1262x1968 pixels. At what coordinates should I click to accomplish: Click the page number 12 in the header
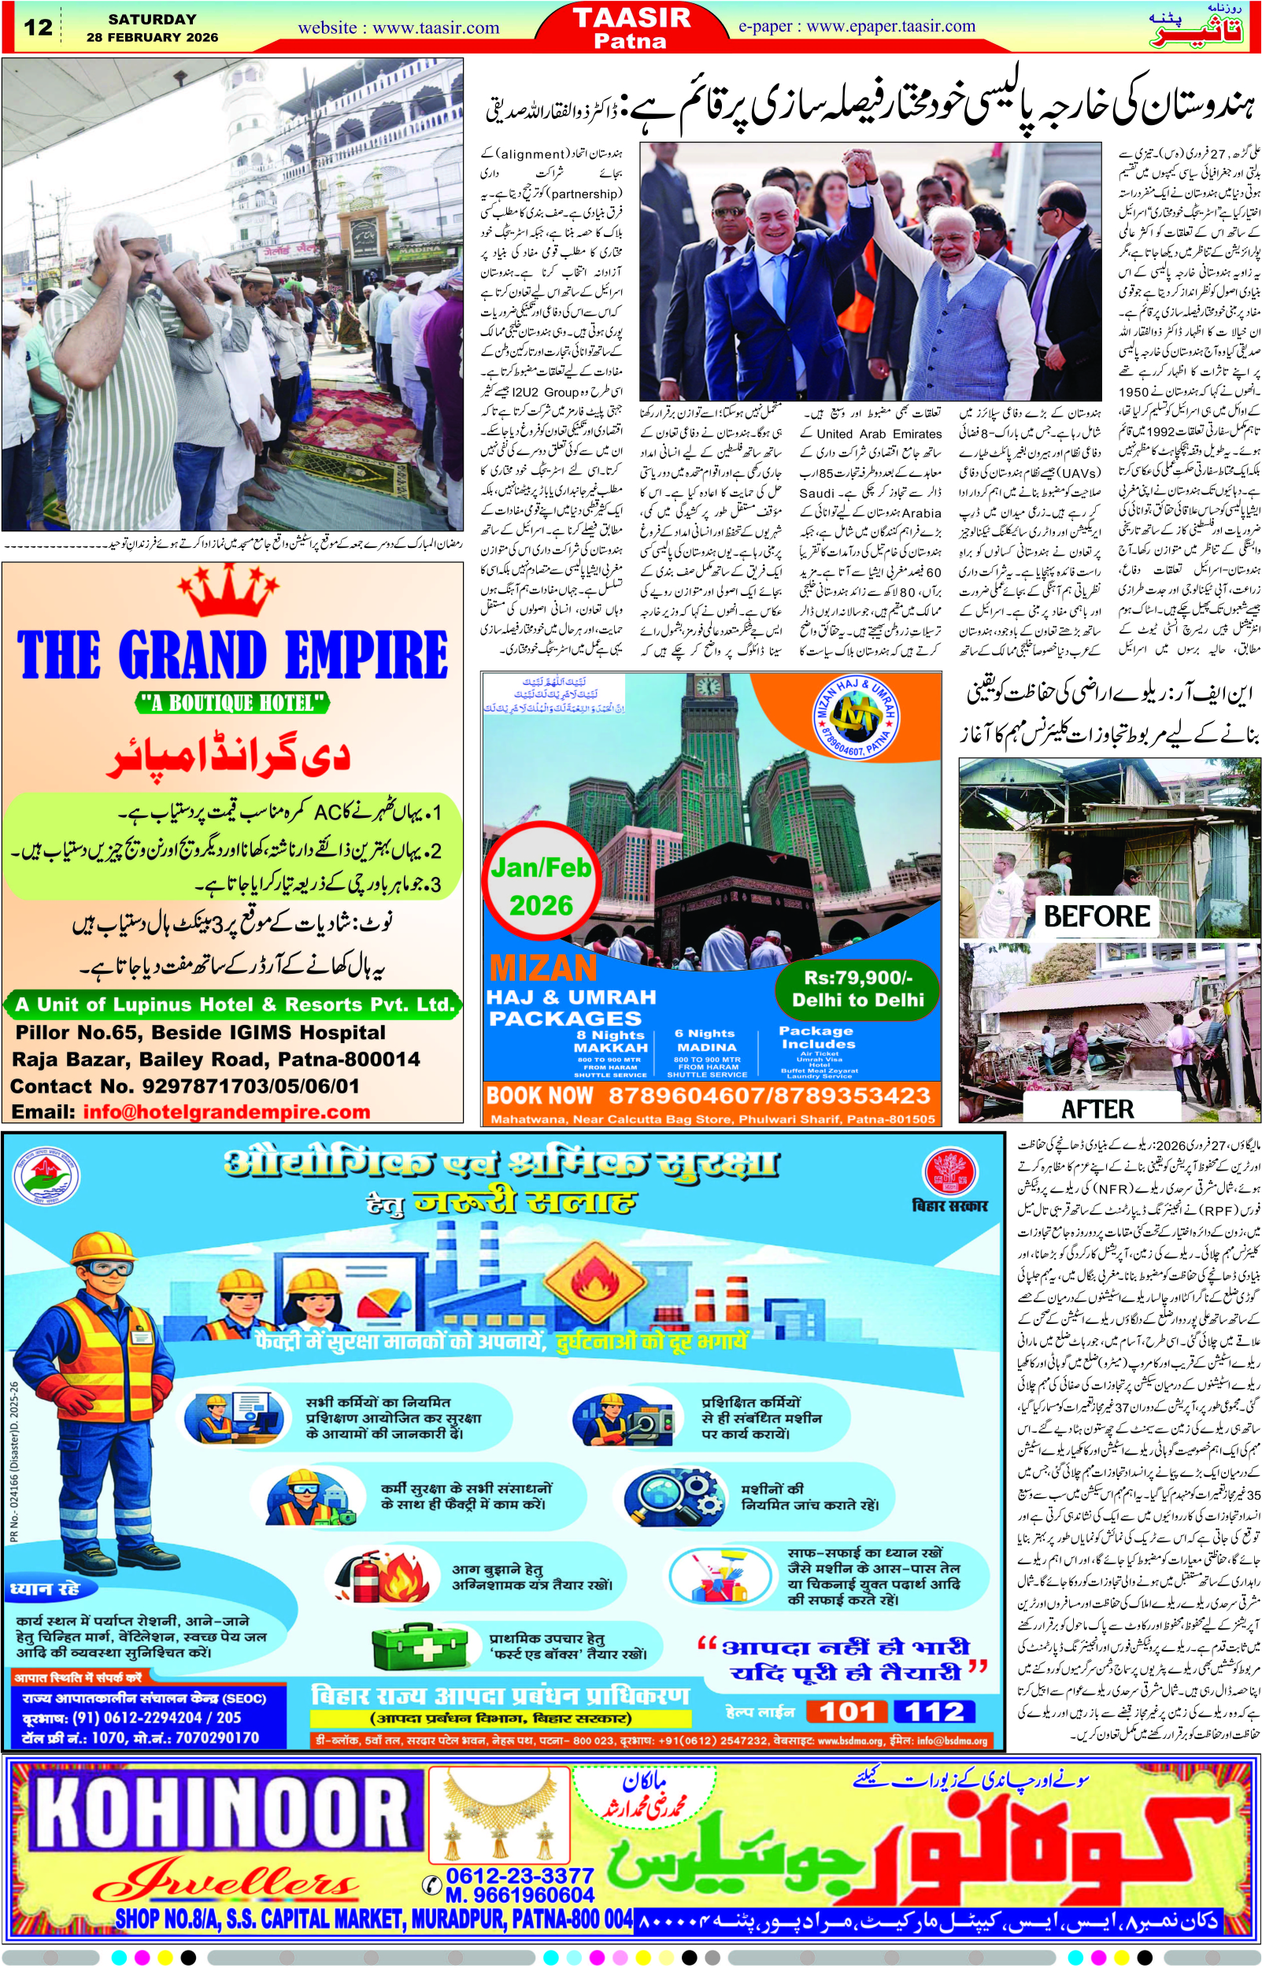37,27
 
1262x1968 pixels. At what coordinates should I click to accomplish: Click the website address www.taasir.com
398,28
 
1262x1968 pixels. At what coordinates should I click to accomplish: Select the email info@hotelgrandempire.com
226,1112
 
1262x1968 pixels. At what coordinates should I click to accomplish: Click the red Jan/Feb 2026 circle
541,886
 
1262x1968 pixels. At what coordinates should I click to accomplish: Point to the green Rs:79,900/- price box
857,988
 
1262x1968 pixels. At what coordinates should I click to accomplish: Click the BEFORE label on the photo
1097,916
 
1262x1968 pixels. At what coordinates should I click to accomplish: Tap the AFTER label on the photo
1097,1108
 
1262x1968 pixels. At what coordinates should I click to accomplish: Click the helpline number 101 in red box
847,1711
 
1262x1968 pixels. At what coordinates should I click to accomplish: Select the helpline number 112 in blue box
934,1711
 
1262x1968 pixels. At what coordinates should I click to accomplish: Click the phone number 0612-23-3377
520,1875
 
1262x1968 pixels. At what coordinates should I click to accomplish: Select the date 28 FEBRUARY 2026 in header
153,38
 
